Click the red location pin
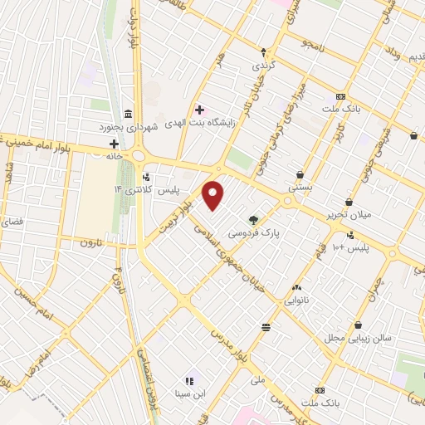point(214,193)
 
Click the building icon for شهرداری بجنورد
point(128,113)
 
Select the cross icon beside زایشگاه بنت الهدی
point(199,110)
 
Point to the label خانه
point(114,155)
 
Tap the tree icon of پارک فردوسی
point(252,220)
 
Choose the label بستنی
point(300,188)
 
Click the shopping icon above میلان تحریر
point(349,203)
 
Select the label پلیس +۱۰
point(349,248)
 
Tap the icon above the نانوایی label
point(296,286)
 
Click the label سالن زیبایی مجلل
point(357,339)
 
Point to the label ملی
point(257,380)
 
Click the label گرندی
point(263,64)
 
